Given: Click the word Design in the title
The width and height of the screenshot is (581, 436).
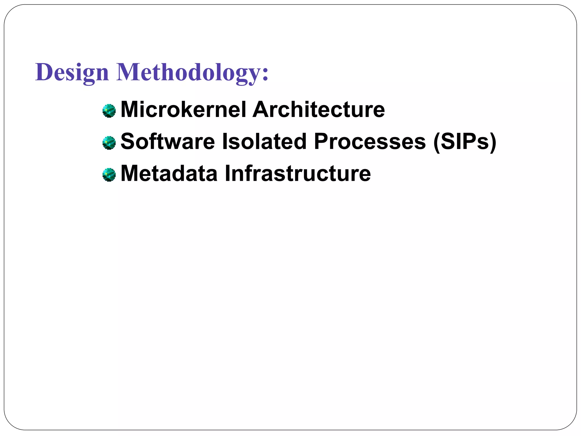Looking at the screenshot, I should click(72, 72).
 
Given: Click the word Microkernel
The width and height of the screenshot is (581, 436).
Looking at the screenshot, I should click(183, 110).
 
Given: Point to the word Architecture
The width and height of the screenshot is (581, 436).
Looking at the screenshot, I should click(319, 110).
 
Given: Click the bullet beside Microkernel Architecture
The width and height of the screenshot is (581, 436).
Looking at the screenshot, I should click(109, 111).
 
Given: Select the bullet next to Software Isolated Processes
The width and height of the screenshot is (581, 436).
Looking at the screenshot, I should click(109, 143).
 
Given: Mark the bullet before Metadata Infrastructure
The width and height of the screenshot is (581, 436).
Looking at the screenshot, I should click(109, 175).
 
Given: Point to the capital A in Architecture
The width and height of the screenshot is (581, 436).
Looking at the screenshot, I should click(261, 110).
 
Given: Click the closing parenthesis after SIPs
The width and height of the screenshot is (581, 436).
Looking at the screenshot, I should click(493, 142).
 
